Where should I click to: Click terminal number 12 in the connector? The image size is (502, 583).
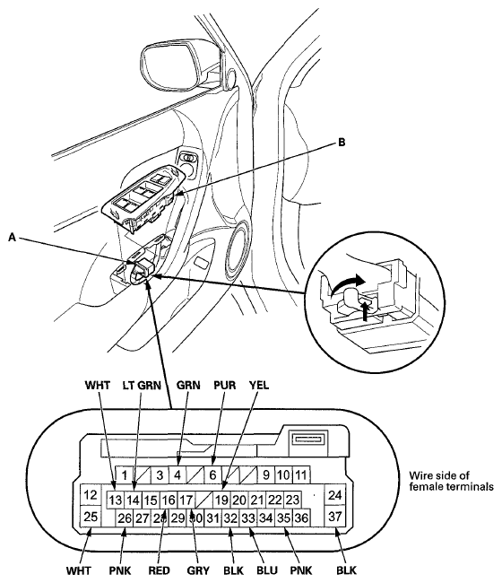(x=91, y=495)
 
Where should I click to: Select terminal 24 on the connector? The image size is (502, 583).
(x=334, y=495)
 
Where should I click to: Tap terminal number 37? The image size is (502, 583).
(x=334, y=516)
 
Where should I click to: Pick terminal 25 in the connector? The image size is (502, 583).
(x=91, y=516)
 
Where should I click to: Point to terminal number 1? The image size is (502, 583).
(x=125, y=474)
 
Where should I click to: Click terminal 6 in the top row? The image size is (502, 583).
(x=212, y=474)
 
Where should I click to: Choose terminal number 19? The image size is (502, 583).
(x=221, y=500)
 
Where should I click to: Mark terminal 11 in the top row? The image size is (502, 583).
(x=301, y=474)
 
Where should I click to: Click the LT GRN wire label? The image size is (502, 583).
(x=142, y=385)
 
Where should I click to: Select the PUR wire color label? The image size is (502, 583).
(x=225, y=385)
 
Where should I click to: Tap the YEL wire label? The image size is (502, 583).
(x=258, y=385)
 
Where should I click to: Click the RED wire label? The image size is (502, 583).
(x=159, y=570)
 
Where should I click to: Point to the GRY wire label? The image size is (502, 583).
(x=198, y=570)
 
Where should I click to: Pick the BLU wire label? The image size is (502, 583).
(x=267, y=570)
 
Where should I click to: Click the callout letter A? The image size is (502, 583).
(x=13, y=237)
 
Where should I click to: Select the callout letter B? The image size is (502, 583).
(x=342, y=142)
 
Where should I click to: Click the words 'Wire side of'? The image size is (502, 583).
(x=439, y=475)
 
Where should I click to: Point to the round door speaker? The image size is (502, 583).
(x=238, y=250)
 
